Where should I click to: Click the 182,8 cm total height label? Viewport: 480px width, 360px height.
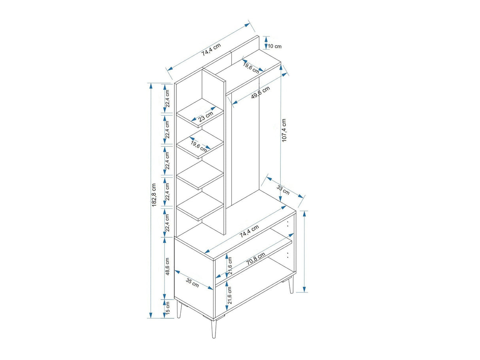pyautogui.click(x=154, y=195)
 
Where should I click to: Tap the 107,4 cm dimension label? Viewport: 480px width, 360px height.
pyautogui.click(x=284, y=131)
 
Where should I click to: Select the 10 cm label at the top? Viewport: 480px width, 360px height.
pyautogui.click(x=275, y=46)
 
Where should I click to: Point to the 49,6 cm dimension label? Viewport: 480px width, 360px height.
pyautogui.click(x=261, y=92)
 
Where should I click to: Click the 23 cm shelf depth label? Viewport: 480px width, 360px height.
pyautogui.click(x=206, y=117)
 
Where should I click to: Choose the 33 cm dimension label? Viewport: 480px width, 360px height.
pyautogui.click(x=283, y=190)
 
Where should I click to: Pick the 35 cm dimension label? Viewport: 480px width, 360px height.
pyautogui.click(x=193, y=282)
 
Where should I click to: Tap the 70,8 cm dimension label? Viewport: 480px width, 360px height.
pyautogui.click(x=256, y=258)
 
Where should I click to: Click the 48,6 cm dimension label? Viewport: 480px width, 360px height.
pyautogui.click(x=167, y=266)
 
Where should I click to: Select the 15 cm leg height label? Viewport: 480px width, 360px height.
pyautogui.click(x=168, y=308)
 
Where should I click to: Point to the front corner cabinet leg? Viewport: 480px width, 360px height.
pyautogui.click(x=214, y=330)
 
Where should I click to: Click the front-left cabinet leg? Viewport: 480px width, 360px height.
pyautogui.click(x=180, y=309)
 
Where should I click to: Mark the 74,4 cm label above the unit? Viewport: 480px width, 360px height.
pyautogui.click(x=211, y=49)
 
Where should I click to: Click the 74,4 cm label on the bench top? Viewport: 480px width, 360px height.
pyautogui.click(x=249, y=231)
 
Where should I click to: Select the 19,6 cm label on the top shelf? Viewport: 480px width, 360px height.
pyautogui.click(x=251, y=68)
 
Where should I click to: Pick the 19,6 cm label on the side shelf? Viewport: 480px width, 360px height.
pyautogui.click(x=198, y=146)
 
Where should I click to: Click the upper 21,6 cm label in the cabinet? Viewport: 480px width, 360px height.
pyautogui.click(x=230, y=266)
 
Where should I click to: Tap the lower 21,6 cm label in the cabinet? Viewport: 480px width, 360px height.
pyautogui.click(x=230, y=295)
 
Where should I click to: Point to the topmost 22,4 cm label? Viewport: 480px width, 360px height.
pyautogui.click(x=167, y=99)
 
